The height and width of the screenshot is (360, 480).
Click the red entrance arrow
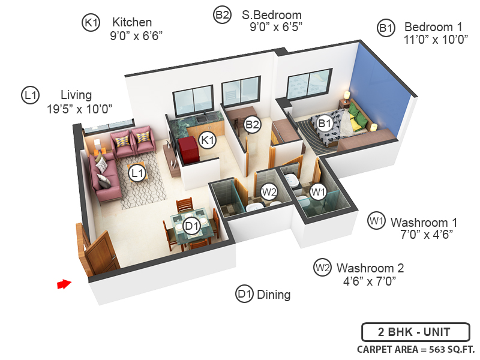point(64,284)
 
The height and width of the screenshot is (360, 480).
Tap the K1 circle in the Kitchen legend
point(91,23)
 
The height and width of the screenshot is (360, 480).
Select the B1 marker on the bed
point(325,124)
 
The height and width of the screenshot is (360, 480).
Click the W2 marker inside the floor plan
point(269,193)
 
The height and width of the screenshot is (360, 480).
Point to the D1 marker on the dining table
point(191,226)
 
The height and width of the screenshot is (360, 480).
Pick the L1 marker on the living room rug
point(138,173)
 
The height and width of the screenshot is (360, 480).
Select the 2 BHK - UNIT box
point(414,331)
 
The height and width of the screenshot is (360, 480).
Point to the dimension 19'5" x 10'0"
point(79,109)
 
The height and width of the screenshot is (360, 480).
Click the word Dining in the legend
point(274,295)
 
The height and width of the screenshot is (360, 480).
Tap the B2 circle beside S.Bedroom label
point(222,15)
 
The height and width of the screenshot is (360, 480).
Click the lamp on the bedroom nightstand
point(346,96)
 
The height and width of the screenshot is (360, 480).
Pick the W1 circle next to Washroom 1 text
point(376,221)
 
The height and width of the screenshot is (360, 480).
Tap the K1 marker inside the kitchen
point(208,140)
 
